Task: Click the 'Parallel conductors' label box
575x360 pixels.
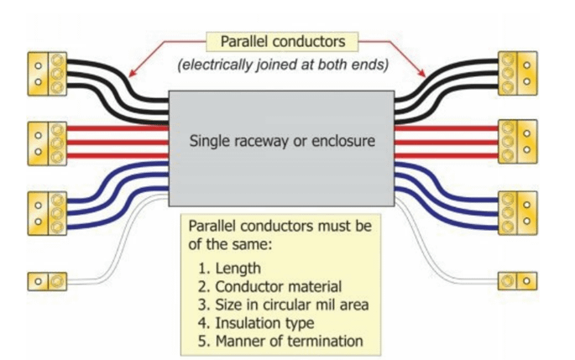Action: click(281, 40)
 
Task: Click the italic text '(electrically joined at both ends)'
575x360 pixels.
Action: click(281, 65)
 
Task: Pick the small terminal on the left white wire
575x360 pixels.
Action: click(48, 279)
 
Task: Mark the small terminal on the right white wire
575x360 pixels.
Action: click(517, 279)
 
